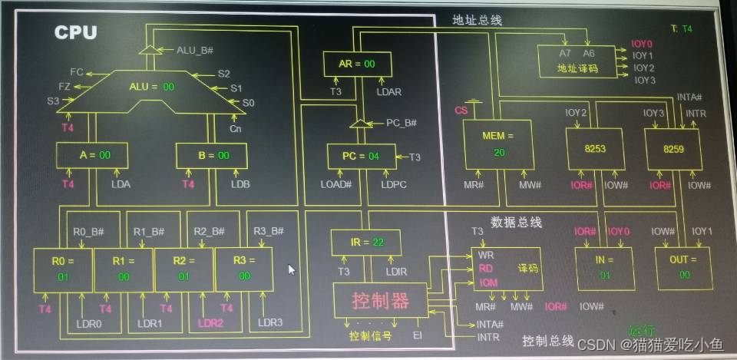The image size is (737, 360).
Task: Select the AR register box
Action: pos(356,64)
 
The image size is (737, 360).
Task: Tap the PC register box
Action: pos(361,156)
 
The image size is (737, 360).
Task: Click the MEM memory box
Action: pos(497,144)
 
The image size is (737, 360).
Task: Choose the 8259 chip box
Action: pos(673,148)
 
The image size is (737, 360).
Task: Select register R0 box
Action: pos(62,269)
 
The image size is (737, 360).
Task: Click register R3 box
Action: pos(243,269)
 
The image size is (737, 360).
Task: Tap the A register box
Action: pos(92,155)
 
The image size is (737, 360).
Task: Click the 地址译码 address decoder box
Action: pos(577,61)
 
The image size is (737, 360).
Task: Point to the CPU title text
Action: pos(75,32)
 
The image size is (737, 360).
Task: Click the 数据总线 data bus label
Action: pos(516,223)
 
